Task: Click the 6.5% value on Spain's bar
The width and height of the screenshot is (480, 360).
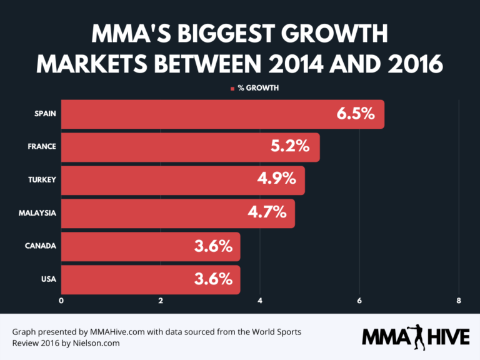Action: pyautogui.click(x=355, y=114)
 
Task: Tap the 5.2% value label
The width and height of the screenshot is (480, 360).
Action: pyautogui.click(x=290, y=147)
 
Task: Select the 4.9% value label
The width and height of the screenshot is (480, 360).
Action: pyautogui.click(x=276, y=180)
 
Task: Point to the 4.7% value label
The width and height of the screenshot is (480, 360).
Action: pyautogui.click(x=266, y=213)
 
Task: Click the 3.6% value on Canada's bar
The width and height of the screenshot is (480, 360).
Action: pyautogui.click(x=213, y=246)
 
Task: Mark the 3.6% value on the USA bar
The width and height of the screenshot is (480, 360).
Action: pyautogui.click(x=213, y=279)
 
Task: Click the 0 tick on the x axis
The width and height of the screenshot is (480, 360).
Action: pyautogui.click(x=61, y=301)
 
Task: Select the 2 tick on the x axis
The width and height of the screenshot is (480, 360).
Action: pyautogui.click(x=161, y=301)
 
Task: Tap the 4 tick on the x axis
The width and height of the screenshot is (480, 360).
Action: pyautogui.click(x=260, y=301)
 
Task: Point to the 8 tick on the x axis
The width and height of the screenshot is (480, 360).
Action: pyautogui.click(x=459, y=301)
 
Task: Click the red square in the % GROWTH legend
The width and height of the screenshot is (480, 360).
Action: pyautogui.click(x=232, y=89)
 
